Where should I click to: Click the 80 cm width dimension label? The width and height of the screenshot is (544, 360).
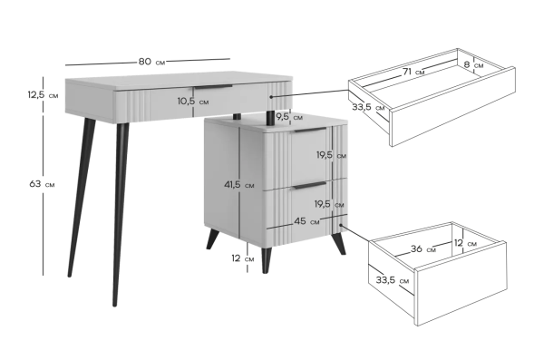[x=151, y=62]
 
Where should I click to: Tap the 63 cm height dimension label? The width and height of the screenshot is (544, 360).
[x=42, y=184]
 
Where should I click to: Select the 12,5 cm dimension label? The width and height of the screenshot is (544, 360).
[x=43, y=94]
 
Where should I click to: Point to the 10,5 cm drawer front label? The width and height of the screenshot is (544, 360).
[x=193, y=102]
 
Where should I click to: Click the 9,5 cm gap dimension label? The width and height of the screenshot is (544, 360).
[x=289, y=117]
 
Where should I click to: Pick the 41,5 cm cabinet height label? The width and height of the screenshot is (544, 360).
[x=238, y=185]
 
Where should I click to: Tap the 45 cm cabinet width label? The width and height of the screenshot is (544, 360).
[x=306, y=221]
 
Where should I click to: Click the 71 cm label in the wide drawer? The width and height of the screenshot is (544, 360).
[x=413, y=72]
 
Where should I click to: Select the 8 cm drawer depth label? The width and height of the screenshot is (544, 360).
[x=473, y=64]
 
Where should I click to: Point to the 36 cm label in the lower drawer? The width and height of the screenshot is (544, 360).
[x=423, y=248]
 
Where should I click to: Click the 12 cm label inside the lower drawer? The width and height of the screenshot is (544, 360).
[x=465, y=243]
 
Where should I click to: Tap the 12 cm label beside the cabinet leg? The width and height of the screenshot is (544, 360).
[x=242, y=258]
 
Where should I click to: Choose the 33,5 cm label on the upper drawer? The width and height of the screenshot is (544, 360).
[x=368, y=107]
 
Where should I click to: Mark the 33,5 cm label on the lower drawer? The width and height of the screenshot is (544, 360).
[x=393, y=280]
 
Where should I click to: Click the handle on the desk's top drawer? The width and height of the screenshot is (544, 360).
[x=213, y=87]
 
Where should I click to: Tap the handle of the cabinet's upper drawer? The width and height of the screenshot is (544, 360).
[x=310, y=131]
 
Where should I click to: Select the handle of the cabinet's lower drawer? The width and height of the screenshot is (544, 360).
[x=310, y=185]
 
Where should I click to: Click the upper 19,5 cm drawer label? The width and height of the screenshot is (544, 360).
[x=331, y=155]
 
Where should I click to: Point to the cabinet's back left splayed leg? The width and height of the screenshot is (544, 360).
[x=213, y=238]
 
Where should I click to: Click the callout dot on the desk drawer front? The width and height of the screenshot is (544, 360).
[x=271, y=97]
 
